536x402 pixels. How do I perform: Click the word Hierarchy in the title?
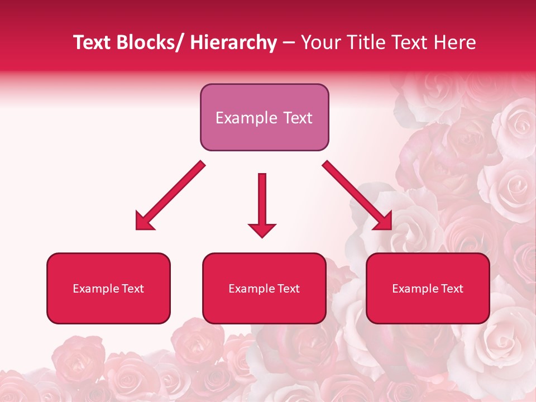tap(233, 42)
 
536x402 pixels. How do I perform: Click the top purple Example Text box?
tap(264, 117)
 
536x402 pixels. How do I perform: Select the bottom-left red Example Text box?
tap(108, 288)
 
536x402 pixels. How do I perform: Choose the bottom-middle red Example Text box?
tap(264, 288)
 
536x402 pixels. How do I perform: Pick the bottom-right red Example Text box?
tap(428, 288)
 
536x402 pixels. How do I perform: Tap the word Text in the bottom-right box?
tap(452, 289)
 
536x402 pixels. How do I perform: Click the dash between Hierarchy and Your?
tap(288, 43)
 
